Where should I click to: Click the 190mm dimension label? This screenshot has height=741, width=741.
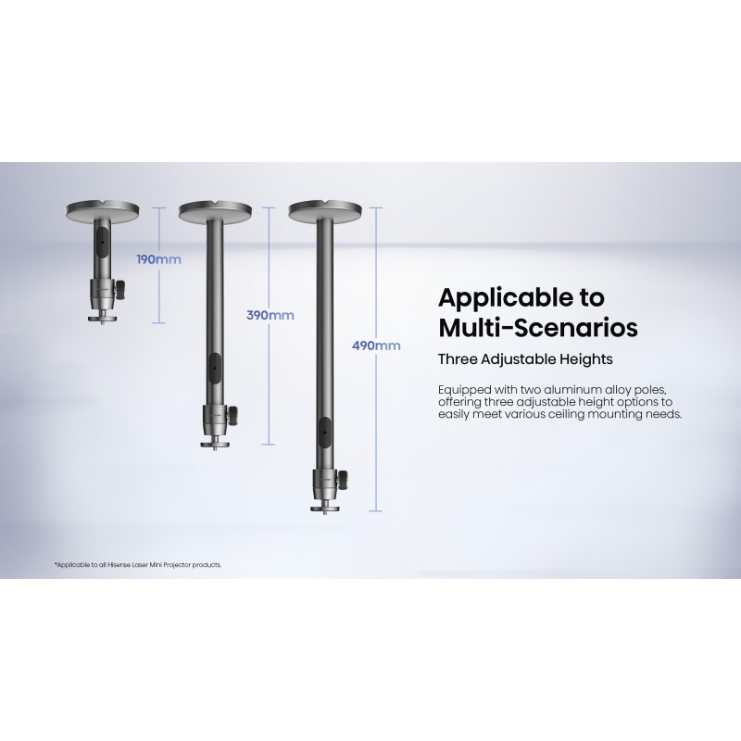click(x=158, y=259)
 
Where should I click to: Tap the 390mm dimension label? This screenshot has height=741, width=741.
click(x=270, y=315)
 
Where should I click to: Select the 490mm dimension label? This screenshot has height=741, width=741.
click(x=376, y=345)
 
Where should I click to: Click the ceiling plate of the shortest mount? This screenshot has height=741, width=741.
click(x=103, y=210)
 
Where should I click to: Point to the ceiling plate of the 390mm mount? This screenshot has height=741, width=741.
click(x=215, y=210)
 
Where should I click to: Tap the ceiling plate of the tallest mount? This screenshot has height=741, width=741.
click(x=325, y=211)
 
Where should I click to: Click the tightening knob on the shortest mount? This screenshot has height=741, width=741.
click(x=120, y=288)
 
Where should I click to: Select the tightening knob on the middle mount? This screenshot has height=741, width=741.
click(x=232, y=413)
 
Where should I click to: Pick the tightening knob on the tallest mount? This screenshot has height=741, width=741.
click(x=343, y=478)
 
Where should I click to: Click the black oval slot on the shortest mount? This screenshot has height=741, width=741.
click(x=102, y=242)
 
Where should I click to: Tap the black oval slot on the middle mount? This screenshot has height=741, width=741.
click(x=214, y=368)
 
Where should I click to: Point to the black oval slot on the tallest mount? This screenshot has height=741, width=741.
click(x=325, y=433)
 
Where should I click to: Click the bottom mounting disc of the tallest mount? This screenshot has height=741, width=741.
click(x=324, y=509)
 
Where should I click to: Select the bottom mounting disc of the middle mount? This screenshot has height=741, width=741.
click(x=214, y=444)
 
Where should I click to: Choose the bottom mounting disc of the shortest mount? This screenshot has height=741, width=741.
click(x=102, y=319)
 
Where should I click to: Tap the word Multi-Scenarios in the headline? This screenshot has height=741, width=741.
click(x=538, y=328)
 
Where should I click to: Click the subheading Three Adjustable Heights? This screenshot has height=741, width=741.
click(x=525, y=359)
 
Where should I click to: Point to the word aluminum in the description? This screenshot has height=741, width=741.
click(x=572, y=390)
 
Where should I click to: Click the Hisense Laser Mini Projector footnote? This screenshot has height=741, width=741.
click(x=138, y=565)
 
